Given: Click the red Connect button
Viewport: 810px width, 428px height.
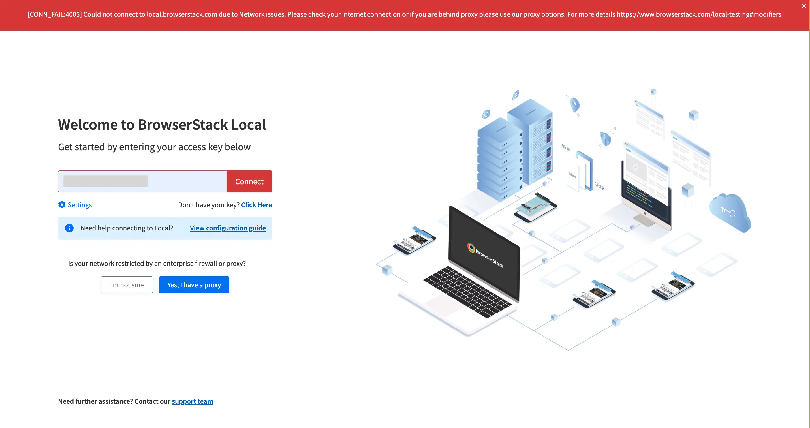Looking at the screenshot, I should point(249,181).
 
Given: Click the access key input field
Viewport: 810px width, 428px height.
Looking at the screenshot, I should point(142,181).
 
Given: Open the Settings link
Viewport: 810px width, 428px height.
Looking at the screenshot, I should point(80,205).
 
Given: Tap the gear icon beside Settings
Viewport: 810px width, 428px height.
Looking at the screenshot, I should point(62,205).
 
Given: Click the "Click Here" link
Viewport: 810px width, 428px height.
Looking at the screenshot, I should point(256,205).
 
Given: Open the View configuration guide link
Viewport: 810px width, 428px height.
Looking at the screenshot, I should point(228,228).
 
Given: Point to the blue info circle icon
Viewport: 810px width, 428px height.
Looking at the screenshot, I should point(69,228).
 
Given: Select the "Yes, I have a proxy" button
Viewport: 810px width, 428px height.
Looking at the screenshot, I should point(194,285).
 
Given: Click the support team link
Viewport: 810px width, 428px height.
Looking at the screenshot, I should point(192,401).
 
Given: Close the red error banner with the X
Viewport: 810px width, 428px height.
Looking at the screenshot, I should point(804,6).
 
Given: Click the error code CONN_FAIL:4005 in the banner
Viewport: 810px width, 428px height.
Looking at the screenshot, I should point(55,14).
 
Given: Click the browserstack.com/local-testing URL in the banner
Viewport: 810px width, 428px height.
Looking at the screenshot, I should point(699,14).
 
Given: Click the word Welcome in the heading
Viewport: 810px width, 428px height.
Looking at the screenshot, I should point(88,125).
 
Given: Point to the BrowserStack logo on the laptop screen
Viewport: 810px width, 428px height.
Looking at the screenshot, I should point(471,248).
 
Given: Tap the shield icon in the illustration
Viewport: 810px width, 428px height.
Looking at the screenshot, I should point(605,139).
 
